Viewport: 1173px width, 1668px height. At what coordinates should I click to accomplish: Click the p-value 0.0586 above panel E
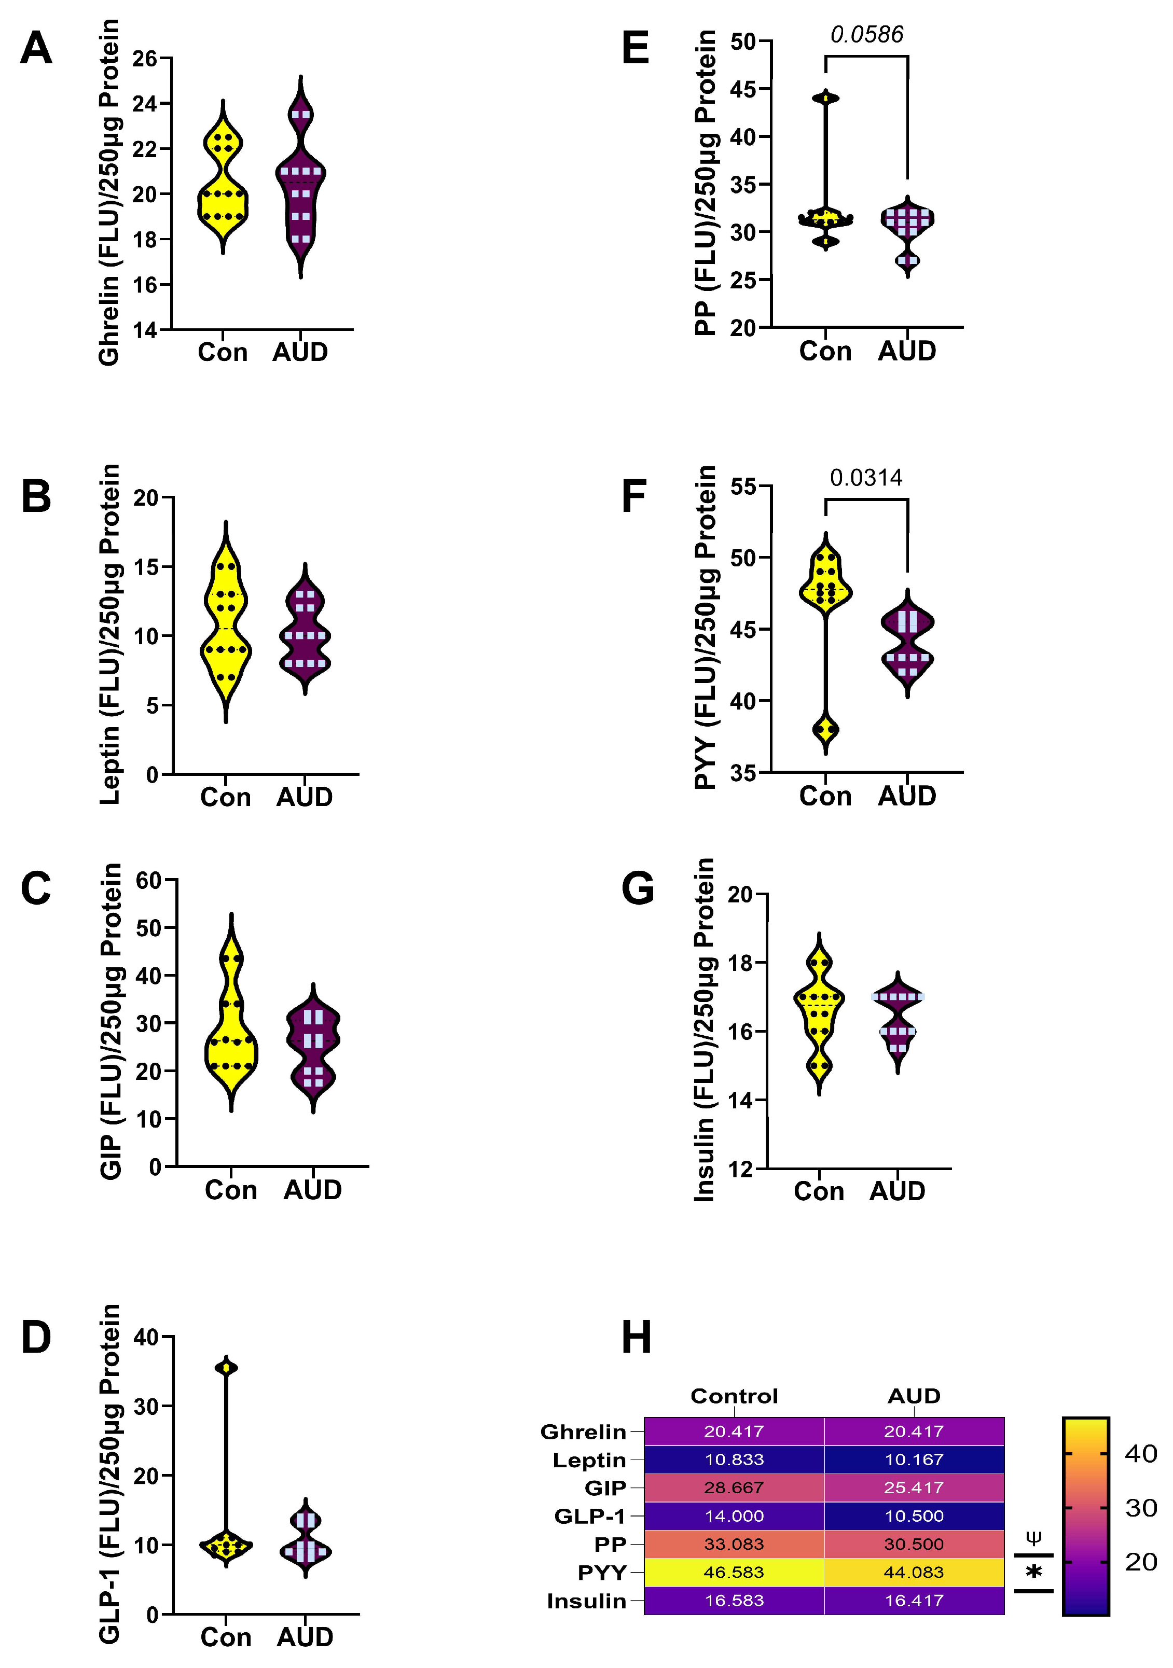coord(866,34)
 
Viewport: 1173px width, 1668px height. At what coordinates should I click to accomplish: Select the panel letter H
coord(637,1338)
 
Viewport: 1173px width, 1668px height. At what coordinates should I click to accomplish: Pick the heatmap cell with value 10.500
coord(914,1516)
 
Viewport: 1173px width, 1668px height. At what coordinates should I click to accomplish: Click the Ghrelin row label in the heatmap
coord(583,1432)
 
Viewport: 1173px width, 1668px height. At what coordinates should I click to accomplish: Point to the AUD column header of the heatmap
coord(914,1396)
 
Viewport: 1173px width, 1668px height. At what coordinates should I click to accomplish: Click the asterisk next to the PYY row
coord(1033,1574)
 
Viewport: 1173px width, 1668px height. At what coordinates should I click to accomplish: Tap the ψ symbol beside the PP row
coord(1033,1537)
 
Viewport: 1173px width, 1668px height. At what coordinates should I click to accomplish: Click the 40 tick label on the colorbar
coord(1140,1454)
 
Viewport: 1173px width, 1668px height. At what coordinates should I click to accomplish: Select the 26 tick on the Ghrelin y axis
coord(145,58)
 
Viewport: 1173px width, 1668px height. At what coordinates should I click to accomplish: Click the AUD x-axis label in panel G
coord(897,1191)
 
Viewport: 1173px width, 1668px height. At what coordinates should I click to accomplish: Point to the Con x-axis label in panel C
coord(230,1190)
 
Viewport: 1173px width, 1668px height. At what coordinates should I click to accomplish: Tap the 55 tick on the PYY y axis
coord(743,486)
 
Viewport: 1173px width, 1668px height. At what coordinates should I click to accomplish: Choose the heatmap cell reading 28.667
coord(734,1488)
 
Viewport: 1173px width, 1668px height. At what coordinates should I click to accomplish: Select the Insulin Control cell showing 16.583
coord(734,1601)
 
